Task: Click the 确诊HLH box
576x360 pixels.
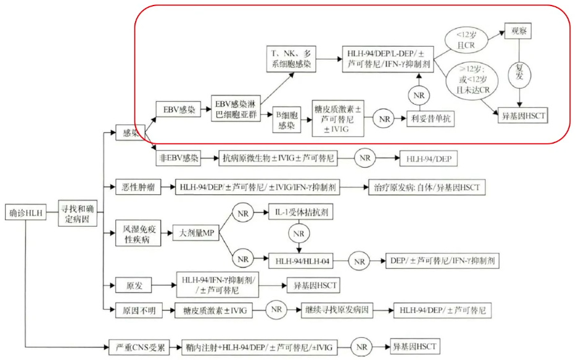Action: pyautogui.click(x=27, y=213)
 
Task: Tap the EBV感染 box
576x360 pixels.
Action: pyautogui.click(x=179, y=110)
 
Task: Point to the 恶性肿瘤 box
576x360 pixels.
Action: pyautogui.click(x=136, y=186)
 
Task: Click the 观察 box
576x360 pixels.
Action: pyautogui.click(x=517, y=30)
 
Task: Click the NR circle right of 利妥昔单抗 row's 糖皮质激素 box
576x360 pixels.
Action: pyautogui.click(x=384, y=118)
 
